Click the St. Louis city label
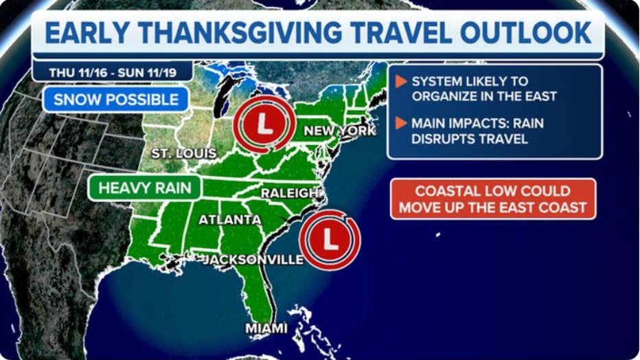click(x=184, y=153)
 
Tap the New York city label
click(x=339, y=131)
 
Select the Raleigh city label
click(x=291, y=193)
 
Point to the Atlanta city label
click(x=230, y=220)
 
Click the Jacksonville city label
click(x=253, y=260)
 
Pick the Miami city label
click(x=266, y=328)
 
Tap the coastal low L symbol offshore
click(x=330, y=239)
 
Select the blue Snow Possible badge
click(x=116, y=99)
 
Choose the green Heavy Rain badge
click(x=144, y=188)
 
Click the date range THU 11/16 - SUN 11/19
click(x=111, y=72)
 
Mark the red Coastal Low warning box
click(x=493, y=199)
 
